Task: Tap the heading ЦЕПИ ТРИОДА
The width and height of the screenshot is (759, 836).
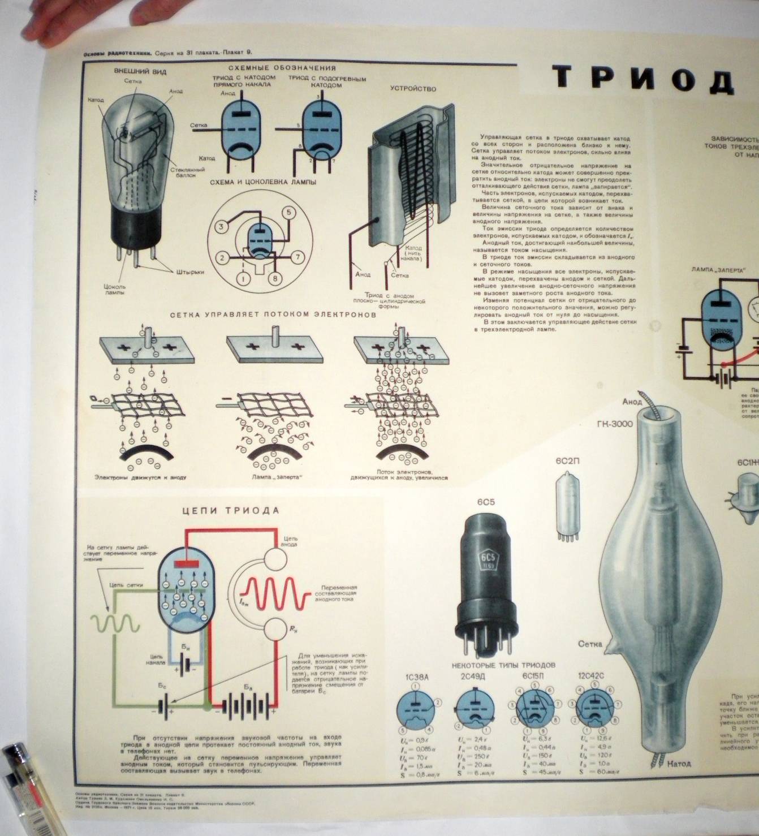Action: tap(231, 510)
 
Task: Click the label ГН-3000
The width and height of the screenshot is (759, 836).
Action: tap(614, 424)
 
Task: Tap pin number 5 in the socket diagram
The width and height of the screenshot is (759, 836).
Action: tap(288, 213)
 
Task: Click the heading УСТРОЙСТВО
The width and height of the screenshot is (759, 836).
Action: tap(413, 88)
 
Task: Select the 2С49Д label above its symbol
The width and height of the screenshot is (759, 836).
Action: tap(473, 677)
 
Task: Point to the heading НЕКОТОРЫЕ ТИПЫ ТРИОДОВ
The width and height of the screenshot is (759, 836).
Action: tap(503, 665)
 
